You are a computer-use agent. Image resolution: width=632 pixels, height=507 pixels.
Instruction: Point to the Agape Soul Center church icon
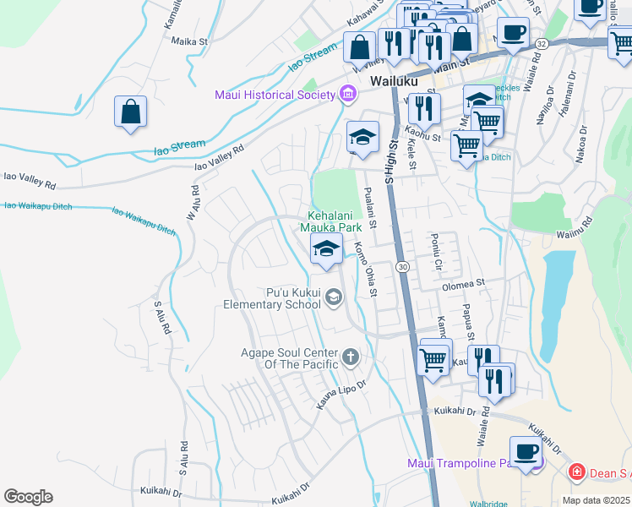click(351, 357)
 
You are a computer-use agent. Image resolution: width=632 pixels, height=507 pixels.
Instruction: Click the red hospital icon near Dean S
click(576, 471)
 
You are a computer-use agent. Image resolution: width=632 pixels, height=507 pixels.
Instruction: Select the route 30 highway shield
click(403, 267)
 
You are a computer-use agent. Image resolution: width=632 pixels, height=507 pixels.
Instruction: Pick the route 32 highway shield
click(542, 42)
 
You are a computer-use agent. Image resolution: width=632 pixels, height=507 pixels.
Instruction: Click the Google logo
click(28, 496)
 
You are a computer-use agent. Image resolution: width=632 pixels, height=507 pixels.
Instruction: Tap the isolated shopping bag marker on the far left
click(131, 112)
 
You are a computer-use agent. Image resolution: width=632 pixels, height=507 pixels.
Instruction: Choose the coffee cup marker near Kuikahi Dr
click(526, 452)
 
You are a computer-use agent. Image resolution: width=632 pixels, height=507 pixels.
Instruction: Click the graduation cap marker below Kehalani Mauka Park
click(326, 250)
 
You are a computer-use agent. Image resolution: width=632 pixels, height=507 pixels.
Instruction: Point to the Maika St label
click(189, 41)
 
